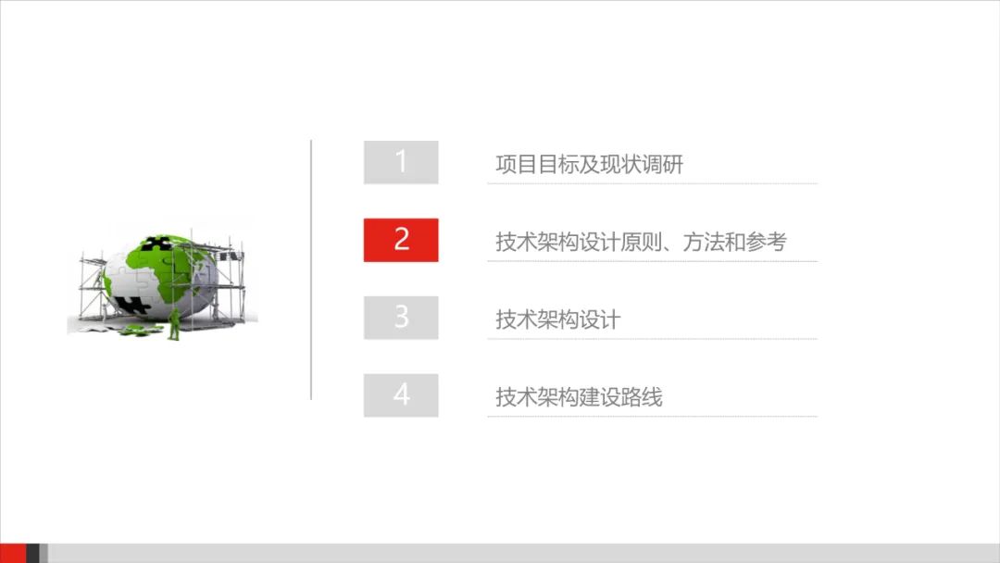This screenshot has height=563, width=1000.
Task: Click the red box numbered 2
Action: tap(401, 240)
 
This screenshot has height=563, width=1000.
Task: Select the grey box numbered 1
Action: tap(401, 162)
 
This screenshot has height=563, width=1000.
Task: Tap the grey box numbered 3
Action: tap(401, 318)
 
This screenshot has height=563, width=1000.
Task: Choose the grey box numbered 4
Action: tap(401, 395)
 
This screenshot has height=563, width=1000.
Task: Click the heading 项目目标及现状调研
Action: tap(589, 165)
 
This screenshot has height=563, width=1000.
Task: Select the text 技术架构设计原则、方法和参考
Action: tap(641, 243)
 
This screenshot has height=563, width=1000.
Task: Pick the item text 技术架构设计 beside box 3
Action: tap(557, 320)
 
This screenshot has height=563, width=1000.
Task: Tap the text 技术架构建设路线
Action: tap(579, 398)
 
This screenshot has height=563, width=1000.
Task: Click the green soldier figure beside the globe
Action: tap(174, 323)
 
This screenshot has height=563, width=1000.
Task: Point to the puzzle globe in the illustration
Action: tap(162, 277)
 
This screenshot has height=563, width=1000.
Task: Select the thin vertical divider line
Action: tap(311, 269)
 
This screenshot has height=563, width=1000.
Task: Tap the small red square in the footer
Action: tap(13, 553)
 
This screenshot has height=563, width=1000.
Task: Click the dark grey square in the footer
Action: tap(33, 553)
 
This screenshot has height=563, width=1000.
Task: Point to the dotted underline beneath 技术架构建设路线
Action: tap(652, 417)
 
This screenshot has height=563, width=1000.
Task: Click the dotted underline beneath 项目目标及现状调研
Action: tap(652, 183)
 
